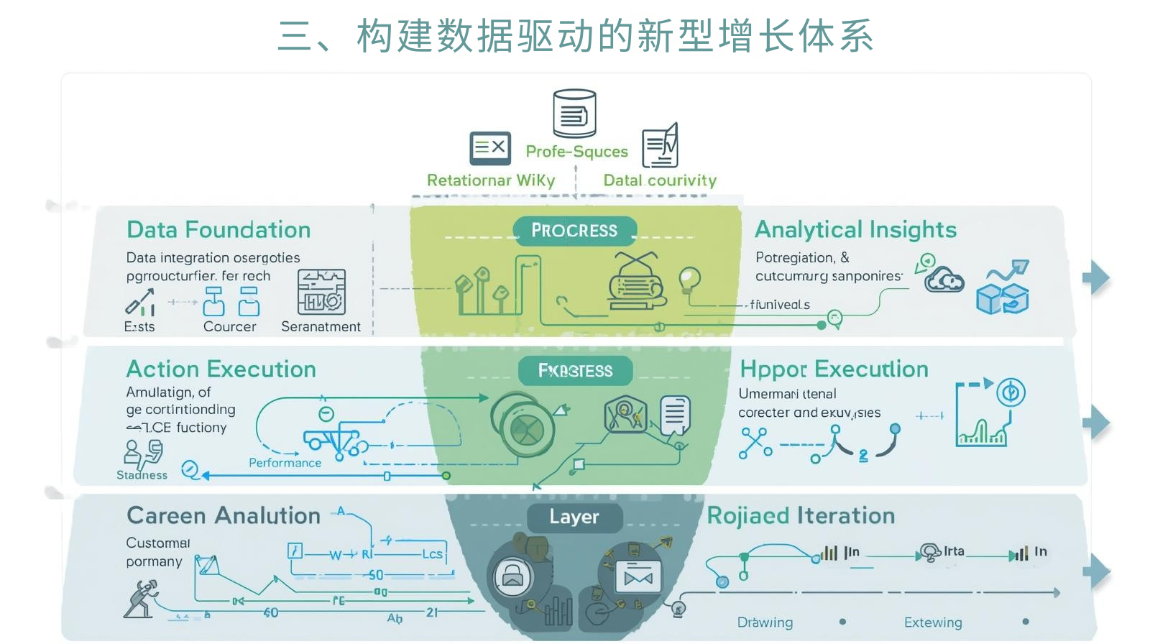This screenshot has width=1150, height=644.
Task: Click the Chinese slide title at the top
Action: point(575,36)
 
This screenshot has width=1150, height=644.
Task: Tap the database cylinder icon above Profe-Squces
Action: point(574,114)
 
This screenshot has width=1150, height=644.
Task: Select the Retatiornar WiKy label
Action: point(491,180)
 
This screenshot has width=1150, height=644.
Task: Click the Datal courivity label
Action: point(660,180)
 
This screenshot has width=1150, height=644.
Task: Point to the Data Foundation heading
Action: point(218,230)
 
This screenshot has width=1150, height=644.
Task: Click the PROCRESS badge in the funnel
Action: point(574,231)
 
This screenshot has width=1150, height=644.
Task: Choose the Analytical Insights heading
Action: point(855,230)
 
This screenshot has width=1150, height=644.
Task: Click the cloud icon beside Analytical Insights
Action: point(944,280)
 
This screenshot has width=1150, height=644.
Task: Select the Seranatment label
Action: point(321,327)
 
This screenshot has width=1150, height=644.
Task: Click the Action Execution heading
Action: point(221,369)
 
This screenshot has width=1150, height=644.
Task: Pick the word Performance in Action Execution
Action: point(285,464)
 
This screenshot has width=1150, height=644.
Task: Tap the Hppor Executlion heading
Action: point(834,369)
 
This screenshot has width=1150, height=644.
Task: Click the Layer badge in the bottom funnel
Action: point(574,517)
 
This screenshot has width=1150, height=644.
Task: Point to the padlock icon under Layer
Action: point(512,576)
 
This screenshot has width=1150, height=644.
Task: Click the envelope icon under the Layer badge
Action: point(638,576)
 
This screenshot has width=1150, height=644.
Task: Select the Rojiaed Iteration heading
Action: point(801,516)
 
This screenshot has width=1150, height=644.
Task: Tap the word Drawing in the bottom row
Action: point(765,622)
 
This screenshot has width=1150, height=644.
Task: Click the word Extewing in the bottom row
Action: point(933,622)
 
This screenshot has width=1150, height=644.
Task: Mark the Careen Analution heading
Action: point(224,516)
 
